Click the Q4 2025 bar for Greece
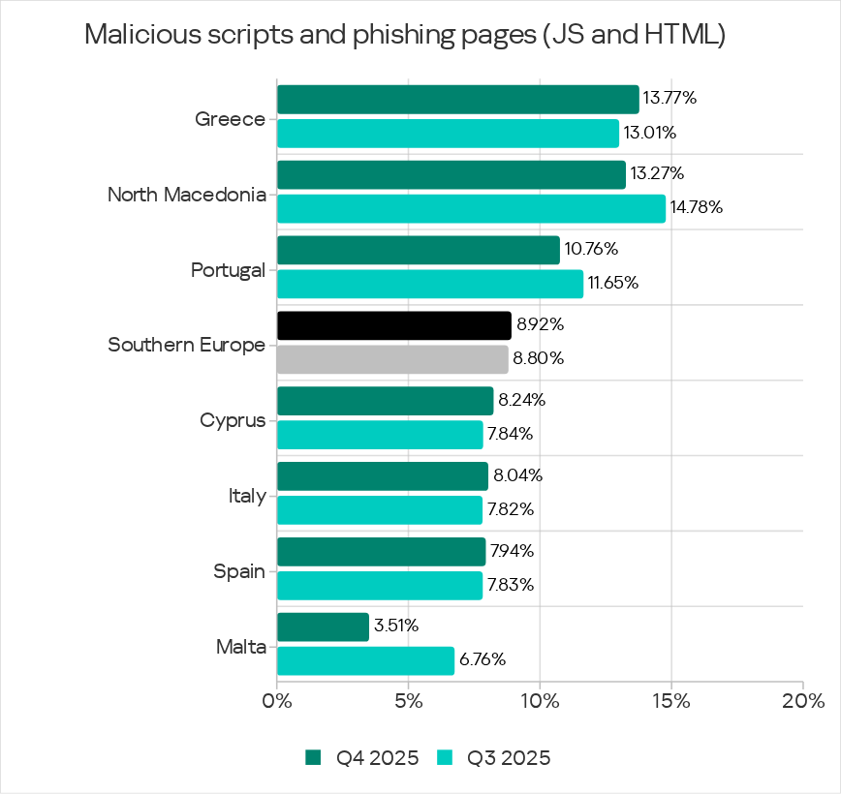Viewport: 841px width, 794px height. tap(457, 99)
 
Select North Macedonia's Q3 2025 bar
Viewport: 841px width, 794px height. tap(471, 208)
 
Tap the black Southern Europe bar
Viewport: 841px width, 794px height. tap(393, 325)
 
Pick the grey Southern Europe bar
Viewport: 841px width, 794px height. tap(392, 359)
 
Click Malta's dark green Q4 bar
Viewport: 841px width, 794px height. tap(323, 626)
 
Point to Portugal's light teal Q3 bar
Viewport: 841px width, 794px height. tap(430, 284)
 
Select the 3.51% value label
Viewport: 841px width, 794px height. tap(396, 626)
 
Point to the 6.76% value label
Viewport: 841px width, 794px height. tap(483, 661)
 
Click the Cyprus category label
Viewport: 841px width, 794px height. tap(233, 420)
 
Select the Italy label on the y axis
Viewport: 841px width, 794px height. tap(247, 496)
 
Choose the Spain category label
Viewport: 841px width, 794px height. tap(239, 571)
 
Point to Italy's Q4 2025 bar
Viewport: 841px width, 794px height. tap(382, 476)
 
